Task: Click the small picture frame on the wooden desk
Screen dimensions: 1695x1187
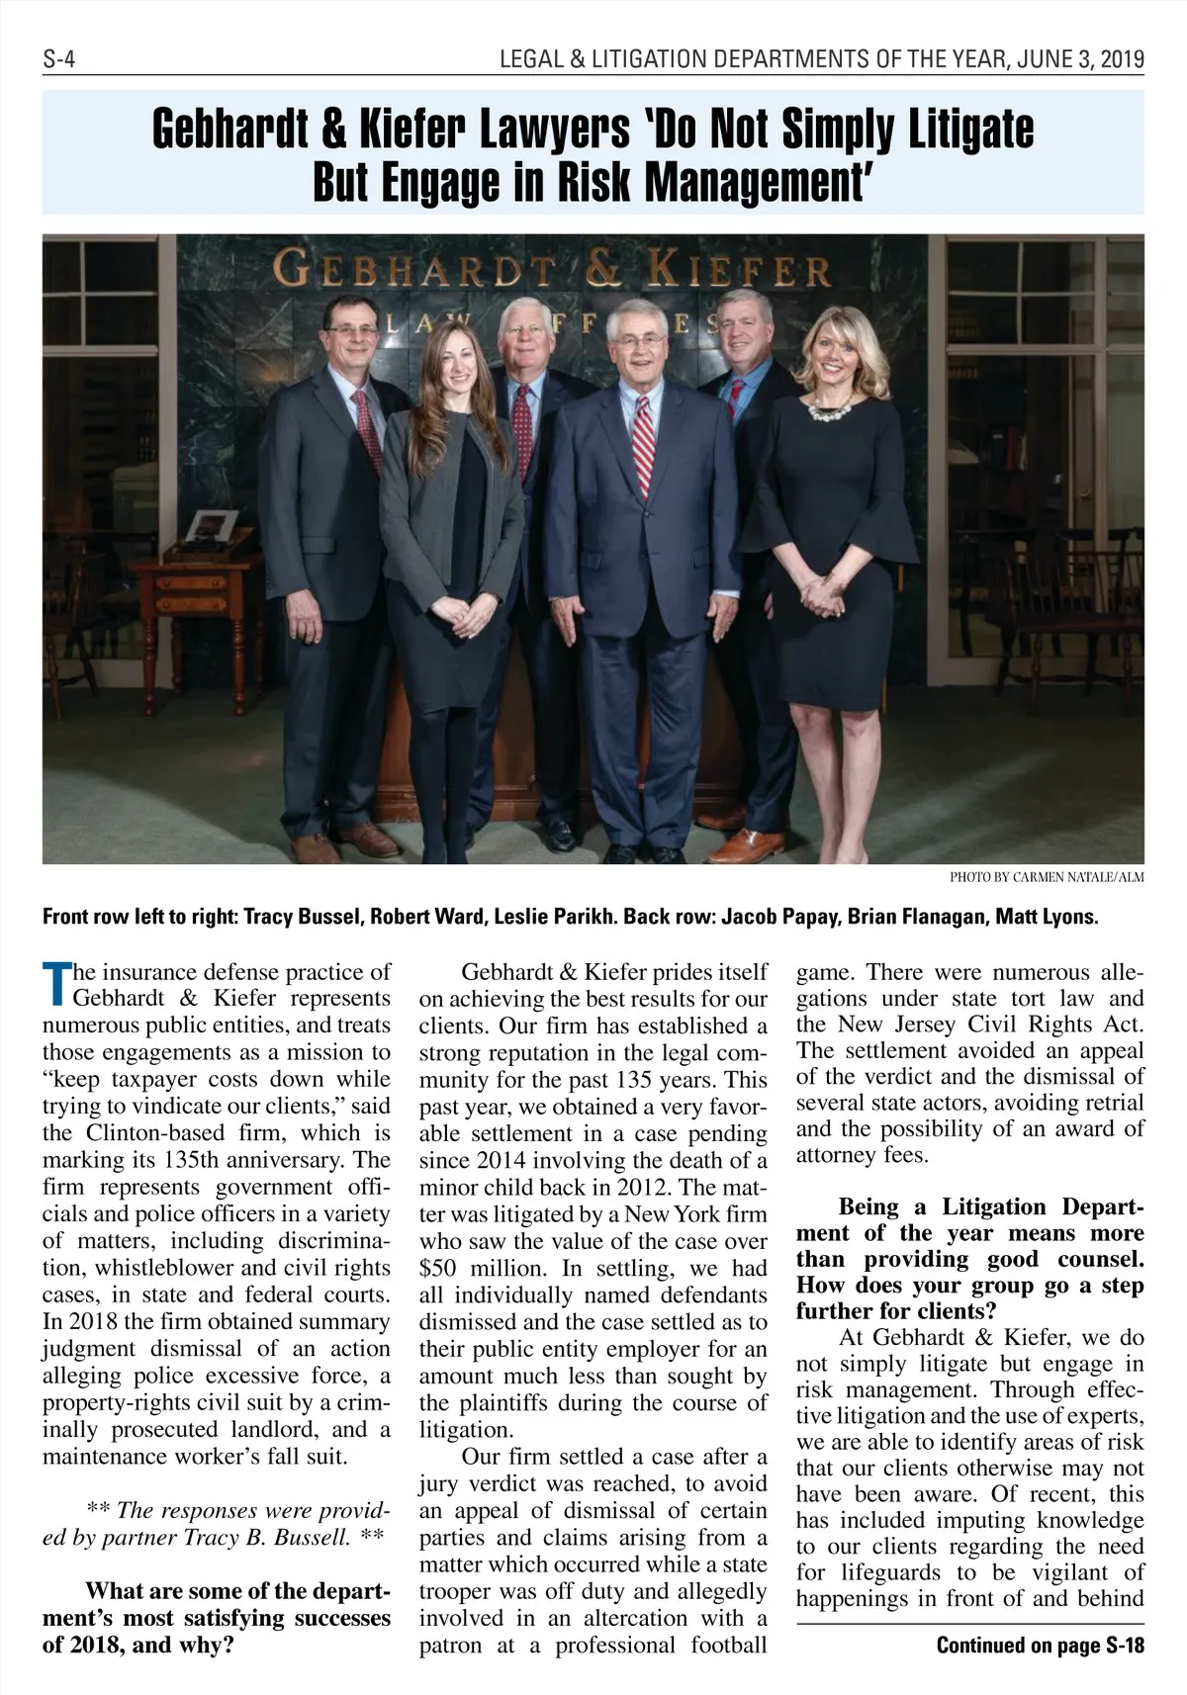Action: point(212,524)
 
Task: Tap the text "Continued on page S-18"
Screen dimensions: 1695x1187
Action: point(1040,1646)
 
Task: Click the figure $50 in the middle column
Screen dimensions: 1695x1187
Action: point(438,1269)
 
